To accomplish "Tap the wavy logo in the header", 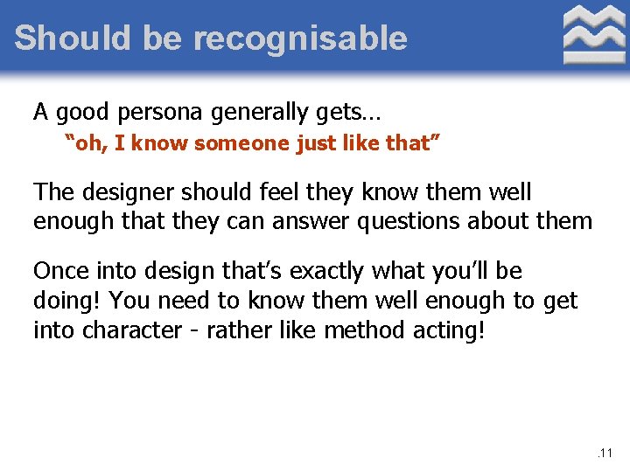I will (593, 34).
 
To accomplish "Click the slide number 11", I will (606, 454).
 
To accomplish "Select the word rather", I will (235, 331).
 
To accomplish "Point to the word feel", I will (276, 192).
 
